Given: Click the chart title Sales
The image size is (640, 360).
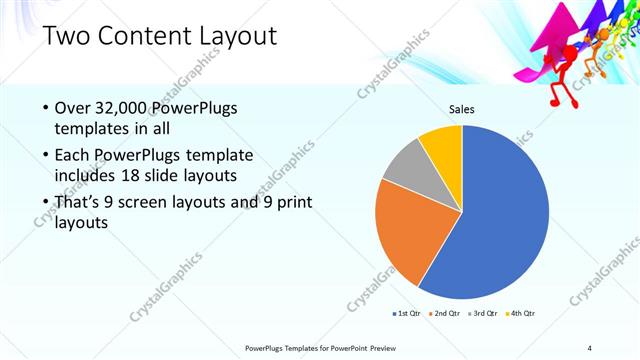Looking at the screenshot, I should tap(461, 110).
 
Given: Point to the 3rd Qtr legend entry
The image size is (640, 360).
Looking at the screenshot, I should tap(482, 314).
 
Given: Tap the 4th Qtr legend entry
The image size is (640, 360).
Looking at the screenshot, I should tap(519, 314).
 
